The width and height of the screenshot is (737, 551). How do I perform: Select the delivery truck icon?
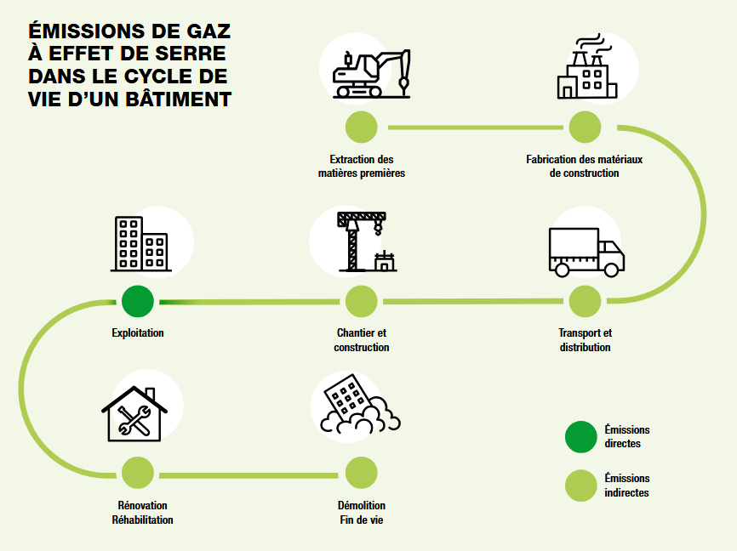click(586, 252)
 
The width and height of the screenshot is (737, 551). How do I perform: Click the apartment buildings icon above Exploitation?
click(139, 244)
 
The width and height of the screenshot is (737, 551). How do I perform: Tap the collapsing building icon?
click(357, 406)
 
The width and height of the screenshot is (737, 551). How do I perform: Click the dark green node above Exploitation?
click(138, 301)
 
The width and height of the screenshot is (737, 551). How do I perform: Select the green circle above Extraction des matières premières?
click(362, 128)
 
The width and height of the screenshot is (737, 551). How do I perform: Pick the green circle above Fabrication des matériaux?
click(585, 128)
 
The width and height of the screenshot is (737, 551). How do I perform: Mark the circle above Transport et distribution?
click(585, 301)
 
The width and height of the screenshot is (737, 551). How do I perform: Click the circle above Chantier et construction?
click(362, 301)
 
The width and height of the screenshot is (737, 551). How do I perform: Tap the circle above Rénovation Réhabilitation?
click(138, 472)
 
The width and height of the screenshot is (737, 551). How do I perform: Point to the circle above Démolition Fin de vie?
click(362, 472)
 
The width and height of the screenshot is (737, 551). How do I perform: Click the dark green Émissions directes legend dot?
click(581, 437)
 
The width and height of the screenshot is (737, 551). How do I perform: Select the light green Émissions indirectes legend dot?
click(581, 486)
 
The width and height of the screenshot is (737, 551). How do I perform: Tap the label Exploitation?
click(138, 333)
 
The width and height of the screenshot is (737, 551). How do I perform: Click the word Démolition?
click(362, 505)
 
